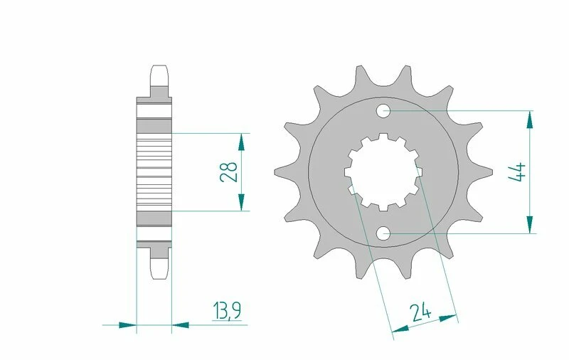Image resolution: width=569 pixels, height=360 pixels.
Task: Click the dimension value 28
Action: tap(229, 172)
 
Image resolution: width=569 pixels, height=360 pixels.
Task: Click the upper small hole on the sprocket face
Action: tap(383, 110)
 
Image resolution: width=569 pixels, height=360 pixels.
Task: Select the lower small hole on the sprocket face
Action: tap(383, 232)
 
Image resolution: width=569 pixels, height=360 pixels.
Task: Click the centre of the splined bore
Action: tap(383, 171)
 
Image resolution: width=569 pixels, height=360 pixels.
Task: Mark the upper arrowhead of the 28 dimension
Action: tap(243, 141)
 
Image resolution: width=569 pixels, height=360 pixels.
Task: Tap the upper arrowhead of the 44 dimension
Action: tap(530, 119)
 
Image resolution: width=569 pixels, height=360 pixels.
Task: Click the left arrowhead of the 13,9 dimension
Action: tap(128, 325)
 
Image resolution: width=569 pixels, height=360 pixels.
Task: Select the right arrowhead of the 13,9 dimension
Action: tap(181, 325)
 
